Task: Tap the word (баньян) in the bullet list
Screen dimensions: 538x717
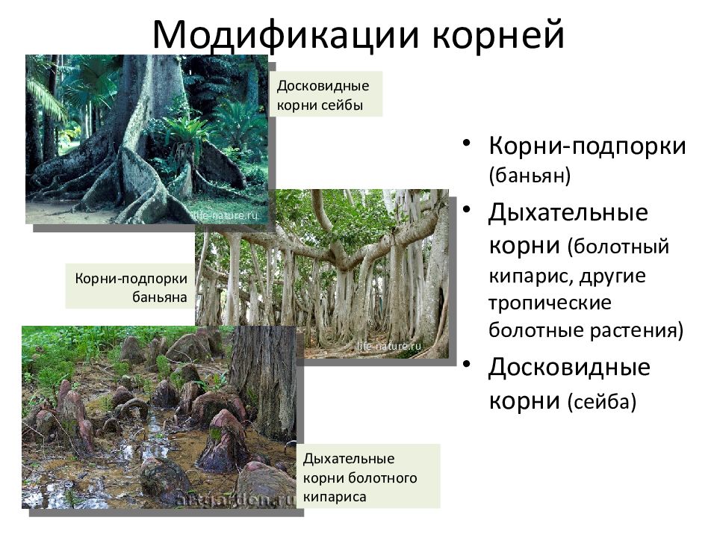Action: (x=530, y=176)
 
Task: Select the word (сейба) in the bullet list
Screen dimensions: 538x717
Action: (x=601, y=402)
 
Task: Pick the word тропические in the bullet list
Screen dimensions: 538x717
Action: (x=550, y=304)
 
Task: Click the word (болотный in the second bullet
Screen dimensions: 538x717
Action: (x=617, y=247)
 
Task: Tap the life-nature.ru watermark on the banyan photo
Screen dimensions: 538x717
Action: (x=389, y=346)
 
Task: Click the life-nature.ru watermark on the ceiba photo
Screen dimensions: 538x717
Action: (x=224, y=214)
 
